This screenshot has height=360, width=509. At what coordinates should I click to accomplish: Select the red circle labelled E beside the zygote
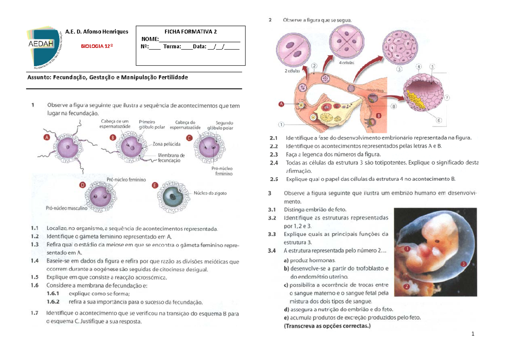(154, 185)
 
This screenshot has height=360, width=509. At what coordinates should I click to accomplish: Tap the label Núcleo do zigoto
(210, 193)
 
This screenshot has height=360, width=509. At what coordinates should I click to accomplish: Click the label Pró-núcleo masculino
(67, 208)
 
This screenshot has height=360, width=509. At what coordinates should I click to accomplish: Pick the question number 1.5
(34, 277)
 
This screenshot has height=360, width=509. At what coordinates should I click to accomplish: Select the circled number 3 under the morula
(399, 69)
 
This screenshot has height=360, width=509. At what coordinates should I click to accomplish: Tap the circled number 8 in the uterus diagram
(394, 107)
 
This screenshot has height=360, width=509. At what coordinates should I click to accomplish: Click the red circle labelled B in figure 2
(378, 115)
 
